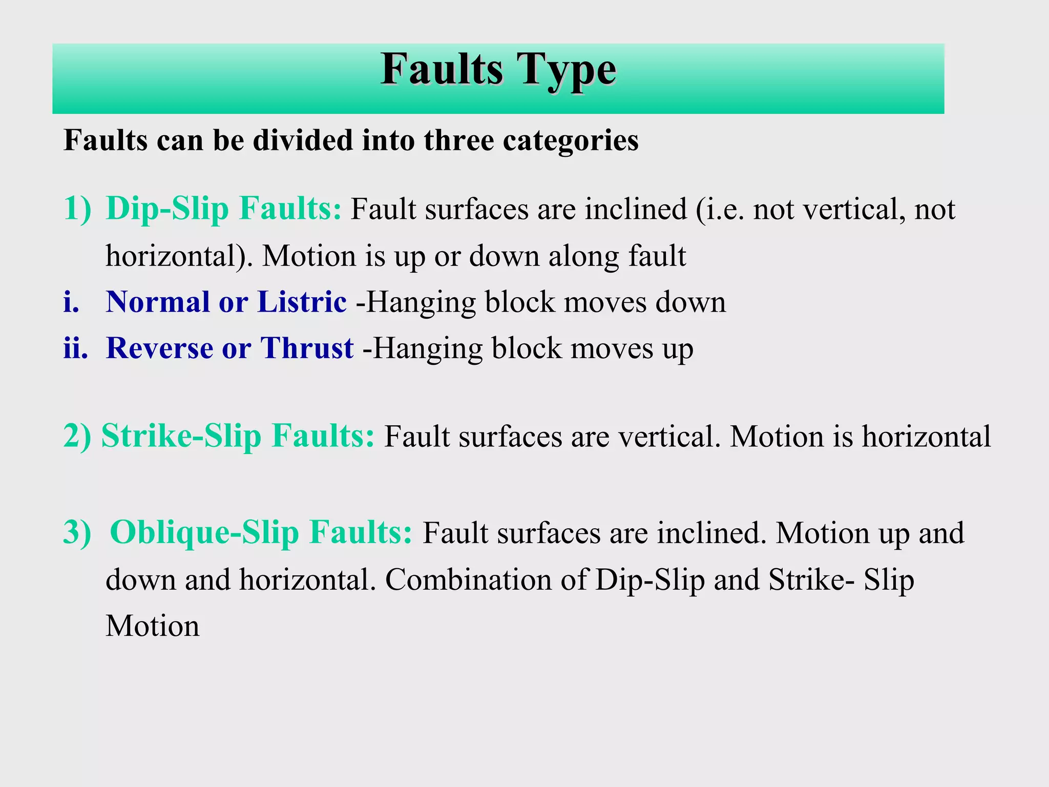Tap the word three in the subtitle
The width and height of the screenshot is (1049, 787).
tap(459, 140)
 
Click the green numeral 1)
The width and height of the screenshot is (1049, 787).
tap(77, 209)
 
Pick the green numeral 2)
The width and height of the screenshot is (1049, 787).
tap(77, 436)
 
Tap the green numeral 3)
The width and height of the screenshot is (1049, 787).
tap(77, 532)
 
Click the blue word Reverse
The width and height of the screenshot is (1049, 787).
tap(159, 348)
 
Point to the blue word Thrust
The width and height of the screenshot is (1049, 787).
tap(307, 348)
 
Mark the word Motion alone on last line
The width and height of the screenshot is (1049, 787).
tap(153, 626)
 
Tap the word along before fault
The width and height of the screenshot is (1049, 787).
tap(584, 256)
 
